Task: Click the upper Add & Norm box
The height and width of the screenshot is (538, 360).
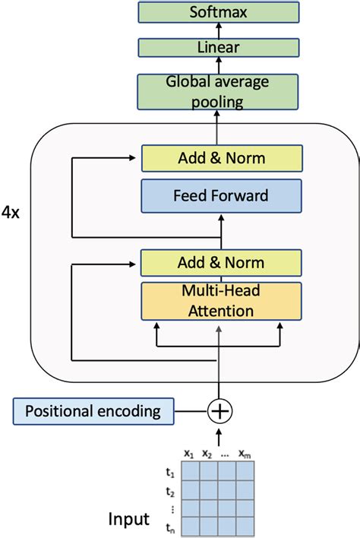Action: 222,158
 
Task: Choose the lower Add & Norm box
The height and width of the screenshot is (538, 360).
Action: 222,263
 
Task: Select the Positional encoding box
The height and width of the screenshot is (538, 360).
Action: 93,411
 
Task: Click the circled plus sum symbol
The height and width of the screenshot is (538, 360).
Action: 219,411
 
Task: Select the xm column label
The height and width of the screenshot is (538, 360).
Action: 245,454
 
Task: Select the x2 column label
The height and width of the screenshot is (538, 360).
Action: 207,454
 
